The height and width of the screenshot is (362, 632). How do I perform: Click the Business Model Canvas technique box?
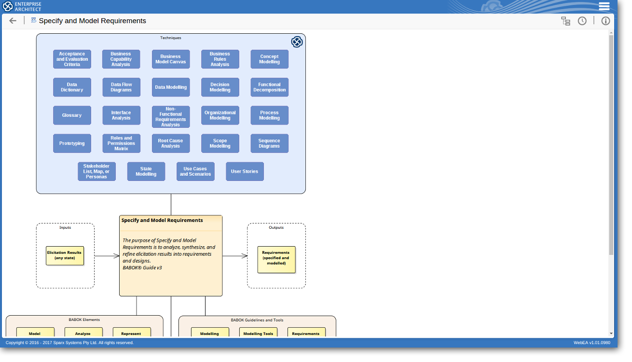pos(170,59)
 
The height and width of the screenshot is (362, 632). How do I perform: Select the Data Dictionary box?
pos(72,87)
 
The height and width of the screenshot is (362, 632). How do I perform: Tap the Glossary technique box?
pos(72,115)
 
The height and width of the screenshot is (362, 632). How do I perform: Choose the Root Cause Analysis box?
pos(170,143)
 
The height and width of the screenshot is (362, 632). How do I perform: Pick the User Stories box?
pos(245,171)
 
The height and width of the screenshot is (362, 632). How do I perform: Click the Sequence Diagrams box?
pos(269,143)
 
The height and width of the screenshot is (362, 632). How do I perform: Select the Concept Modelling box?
pos(269,59)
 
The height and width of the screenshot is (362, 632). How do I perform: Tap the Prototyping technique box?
pos(72,143)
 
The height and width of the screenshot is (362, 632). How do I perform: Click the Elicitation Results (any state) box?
pos(65,255)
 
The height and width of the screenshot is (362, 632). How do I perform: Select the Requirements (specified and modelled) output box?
pos(276,260)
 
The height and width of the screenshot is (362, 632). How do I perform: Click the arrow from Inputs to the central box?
pos(107,256)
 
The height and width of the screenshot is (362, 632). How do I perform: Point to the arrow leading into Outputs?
pos(235,256)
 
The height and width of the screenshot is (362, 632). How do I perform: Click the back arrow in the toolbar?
pos(13,21)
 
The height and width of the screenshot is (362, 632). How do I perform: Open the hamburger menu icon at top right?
pos(604,6)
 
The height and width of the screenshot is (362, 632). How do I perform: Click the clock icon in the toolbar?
pos(582,21)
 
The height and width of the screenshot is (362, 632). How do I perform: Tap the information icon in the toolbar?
pos(605,21)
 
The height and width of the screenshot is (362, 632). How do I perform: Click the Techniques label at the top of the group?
pos(171,38)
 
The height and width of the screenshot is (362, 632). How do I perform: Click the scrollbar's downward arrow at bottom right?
pos(611,333)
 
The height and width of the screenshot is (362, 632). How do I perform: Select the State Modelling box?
pos(146,171)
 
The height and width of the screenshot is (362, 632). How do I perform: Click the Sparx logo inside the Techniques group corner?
pos(297,42)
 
